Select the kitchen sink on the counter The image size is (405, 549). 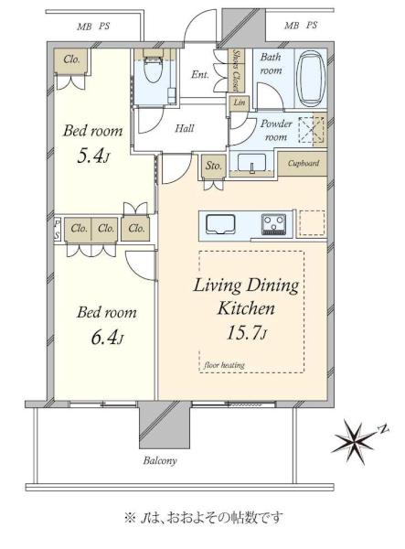(x=220, y=224)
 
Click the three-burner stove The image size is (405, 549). (x=274, y=224)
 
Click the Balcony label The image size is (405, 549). (x=160, y=460)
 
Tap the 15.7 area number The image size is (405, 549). (x=247, y=332)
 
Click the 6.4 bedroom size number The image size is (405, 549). (x=107, y=338)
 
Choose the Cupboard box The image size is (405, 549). (x=303, y=164)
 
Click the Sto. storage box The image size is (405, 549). (x=213, y=166)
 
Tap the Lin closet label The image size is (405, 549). (x=240, y=102)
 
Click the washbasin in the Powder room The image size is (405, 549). (x=251, y=163)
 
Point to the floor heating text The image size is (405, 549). (x=224, y=365)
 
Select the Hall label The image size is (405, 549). (x=185, y=128)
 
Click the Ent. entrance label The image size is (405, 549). (x=200, y=75)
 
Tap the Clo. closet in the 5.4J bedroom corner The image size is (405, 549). (x=71, y=61)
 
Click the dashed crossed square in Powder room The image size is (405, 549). (x=311, y=130)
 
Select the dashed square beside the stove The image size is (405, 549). (x=312, y=223)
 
